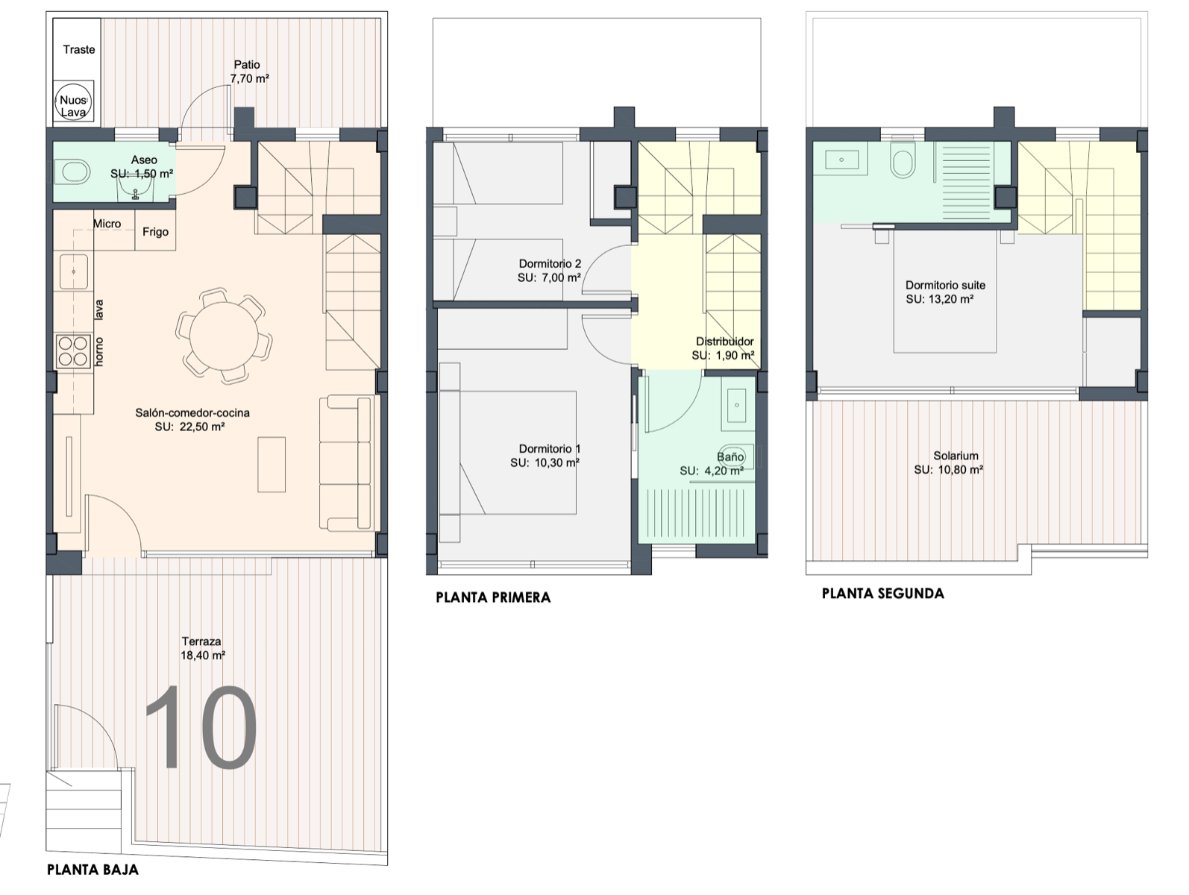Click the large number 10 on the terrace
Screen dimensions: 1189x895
click(x=201, y=727)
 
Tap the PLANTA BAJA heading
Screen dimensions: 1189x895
click(x=92, y=870)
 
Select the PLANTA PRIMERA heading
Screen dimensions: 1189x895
click(x=493, y=597)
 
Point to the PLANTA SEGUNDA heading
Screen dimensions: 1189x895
click(x=883, y=594)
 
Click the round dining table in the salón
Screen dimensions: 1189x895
click(x=224, y=336)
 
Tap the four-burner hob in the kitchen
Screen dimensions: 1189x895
click(x=73, y=351)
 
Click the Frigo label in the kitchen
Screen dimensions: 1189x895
click(x=155, y=232)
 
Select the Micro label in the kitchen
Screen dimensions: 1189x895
click(x=107, y=224)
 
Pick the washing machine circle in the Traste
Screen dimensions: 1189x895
click(x=73, y=101)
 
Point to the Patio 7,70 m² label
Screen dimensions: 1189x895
click(x=249, y=72)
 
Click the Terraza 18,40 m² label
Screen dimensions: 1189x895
click(x=202, y=648)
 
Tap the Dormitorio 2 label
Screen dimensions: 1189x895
click(x=550, y=264)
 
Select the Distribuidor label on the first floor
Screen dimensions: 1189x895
click(x=725, y=342)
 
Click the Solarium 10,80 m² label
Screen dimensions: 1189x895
click(x=949, y=463)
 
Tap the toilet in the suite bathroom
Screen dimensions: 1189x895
click(x=903, y=160)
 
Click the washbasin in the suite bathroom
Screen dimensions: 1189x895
click(x=841, y=160)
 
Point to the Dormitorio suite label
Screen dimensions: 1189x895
click(x=945, y=286)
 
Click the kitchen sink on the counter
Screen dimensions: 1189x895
click(x=74, y=271)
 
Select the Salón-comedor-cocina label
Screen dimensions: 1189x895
click(x=192, y=412)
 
